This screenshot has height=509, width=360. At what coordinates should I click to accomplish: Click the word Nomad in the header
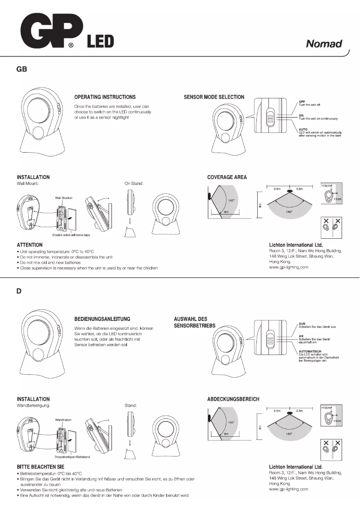pyautogui.click(x=324, y=44)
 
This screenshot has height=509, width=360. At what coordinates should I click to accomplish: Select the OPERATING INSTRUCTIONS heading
pyautogui.click(x=105, y=97)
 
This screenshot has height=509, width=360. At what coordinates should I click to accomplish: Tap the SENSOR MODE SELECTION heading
pyautogui.click(x=214, y=97)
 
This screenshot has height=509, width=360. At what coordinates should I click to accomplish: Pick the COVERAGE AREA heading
pyautogui.click(x=227, y=177)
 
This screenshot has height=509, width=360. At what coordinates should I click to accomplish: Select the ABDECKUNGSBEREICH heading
pyautogui.click(x=233, y=399)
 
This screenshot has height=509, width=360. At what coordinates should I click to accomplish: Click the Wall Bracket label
pyautogui.click(x=64, y=197)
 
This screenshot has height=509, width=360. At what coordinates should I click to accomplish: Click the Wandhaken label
pyautogui.click(x=64, y=420)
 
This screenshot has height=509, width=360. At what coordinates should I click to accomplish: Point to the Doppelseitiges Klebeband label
pyautogui.click(x=72, y=457)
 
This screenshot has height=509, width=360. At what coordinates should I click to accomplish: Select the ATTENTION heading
pyautogui.click(x=30, y=245)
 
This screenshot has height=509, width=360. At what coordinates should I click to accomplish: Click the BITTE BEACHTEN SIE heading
pyautogui.click(x=40, y=467)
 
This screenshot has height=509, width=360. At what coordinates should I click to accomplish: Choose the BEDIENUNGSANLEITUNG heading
pyautogui.click(x=102, y=319)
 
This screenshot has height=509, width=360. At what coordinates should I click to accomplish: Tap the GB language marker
pyautogui.click(x=22, y=69)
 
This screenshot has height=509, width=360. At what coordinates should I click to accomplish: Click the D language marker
pyautogui.click(x=19, y=291)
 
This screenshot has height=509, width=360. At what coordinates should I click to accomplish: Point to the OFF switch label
pyautogui.click(x=302, y=102)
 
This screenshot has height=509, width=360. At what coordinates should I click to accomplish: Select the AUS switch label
pyautogui.click(x=302, y=324)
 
